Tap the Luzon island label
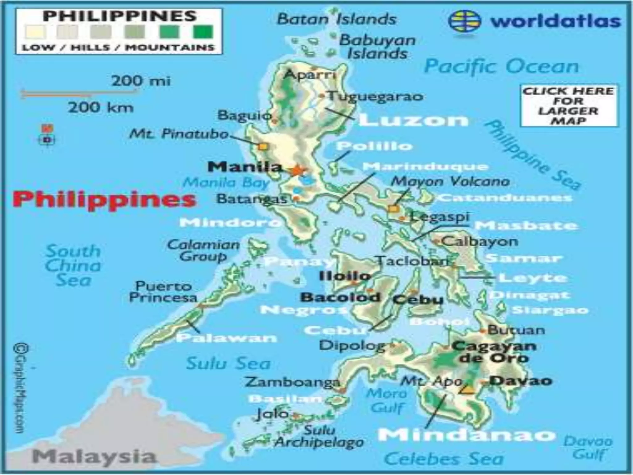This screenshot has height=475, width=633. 414,120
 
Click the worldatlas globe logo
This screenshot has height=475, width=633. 465,21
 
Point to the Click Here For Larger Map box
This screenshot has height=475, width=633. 569,105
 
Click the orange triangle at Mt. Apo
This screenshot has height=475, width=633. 469,390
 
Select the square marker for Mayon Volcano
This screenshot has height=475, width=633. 393,209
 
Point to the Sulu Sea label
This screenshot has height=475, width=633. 228,363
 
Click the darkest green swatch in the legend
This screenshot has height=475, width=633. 203,32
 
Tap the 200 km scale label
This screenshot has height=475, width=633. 101,108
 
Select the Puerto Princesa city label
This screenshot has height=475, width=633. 163,292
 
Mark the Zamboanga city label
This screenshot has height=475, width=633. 292,382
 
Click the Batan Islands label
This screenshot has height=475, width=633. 337,19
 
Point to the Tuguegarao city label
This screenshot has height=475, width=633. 375,96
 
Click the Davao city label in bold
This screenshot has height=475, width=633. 521,380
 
